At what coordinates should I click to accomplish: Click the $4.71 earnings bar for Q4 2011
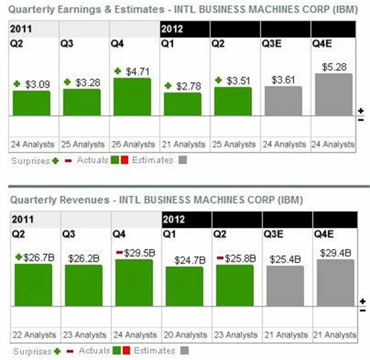132,97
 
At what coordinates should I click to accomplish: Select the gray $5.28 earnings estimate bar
334,94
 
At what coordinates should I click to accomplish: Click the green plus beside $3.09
17,85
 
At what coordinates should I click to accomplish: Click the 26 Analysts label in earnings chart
132,144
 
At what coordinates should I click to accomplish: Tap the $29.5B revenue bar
134,282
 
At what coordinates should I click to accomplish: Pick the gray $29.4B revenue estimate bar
335,282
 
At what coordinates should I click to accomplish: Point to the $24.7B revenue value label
184,260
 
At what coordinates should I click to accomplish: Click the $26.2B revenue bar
83,285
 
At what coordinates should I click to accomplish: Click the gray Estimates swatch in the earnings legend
182,160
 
